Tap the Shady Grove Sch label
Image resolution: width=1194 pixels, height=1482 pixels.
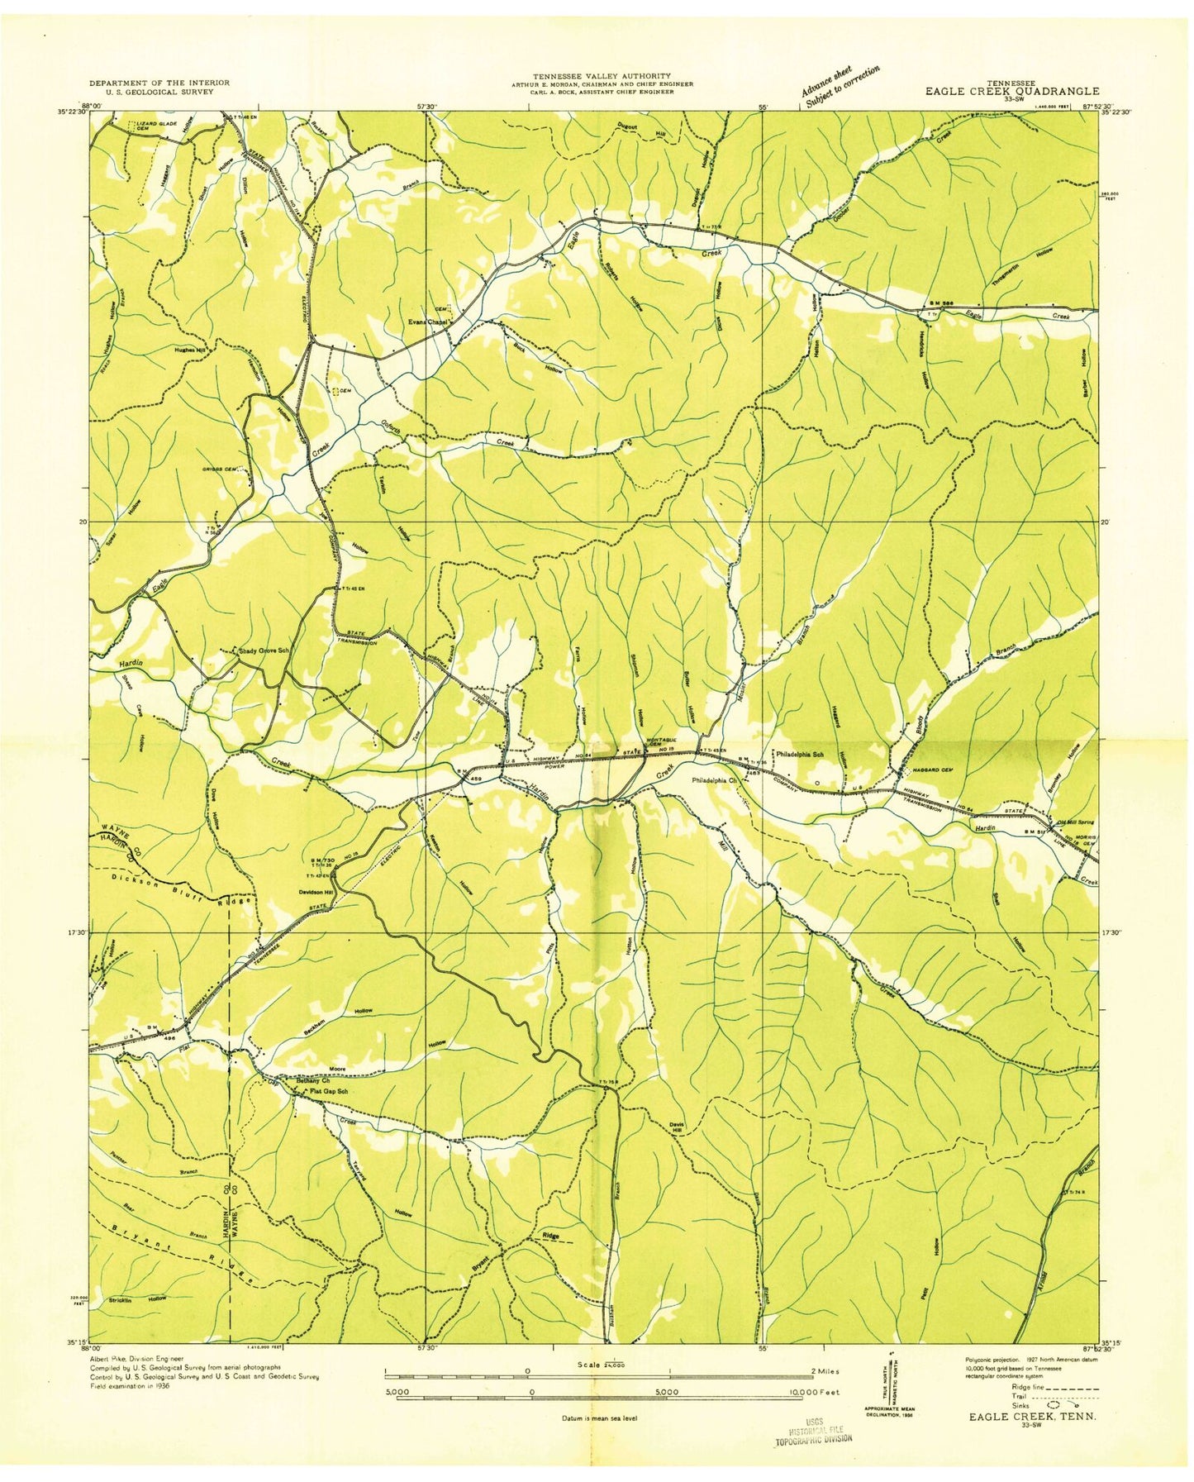point(264,650)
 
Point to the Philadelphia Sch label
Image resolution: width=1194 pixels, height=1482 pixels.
point(801,754)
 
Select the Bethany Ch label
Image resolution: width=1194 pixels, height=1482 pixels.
point(313,1080)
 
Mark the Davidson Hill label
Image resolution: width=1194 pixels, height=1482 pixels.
point(316,892)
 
